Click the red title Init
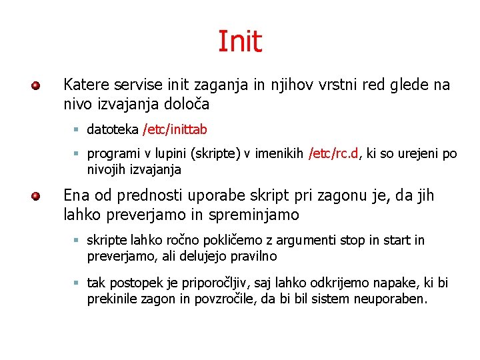click(240, 41)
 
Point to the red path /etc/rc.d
click(333, 154)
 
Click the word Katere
click(85, 85)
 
